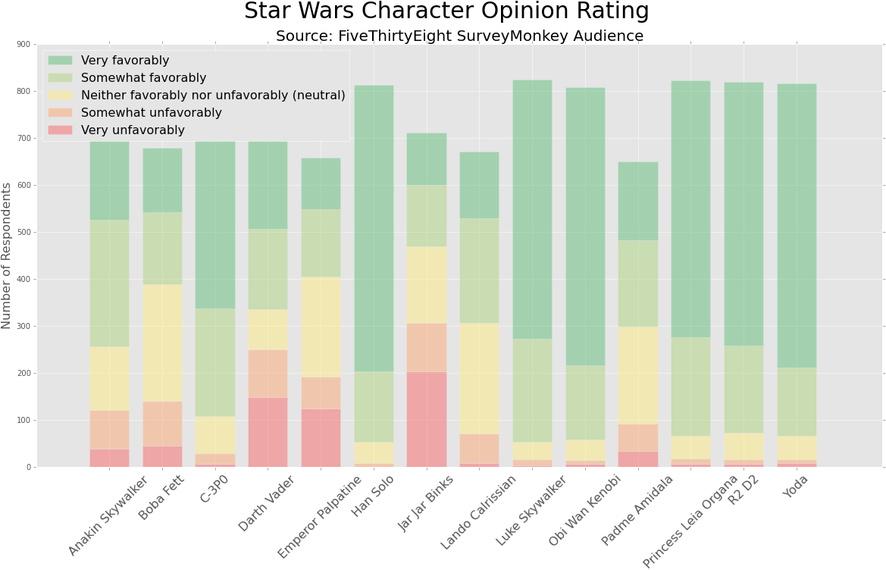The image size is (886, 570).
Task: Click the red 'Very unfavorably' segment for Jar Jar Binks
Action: pos(427,419)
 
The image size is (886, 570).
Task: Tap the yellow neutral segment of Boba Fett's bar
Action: pos(163,343)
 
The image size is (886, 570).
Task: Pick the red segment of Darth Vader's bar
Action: pos(268,432)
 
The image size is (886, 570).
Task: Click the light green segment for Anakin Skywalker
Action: pos(110,283)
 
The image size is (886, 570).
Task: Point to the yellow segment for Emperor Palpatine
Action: pos(321,327)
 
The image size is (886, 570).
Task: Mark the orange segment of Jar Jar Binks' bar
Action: pos(427,347)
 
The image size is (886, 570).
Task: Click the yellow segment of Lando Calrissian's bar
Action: pos(479,378)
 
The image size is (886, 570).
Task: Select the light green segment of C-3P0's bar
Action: pos(215,362)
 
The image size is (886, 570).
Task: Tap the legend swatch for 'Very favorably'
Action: pos(61,61)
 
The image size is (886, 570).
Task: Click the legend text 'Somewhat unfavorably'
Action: pos(151,113)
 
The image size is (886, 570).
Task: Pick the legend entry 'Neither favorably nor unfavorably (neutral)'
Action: pos(212,96)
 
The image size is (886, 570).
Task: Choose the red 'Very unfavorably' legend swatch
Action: pos(61,130)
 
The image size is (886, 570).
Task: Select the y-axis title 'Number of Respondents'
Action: pos(7,255)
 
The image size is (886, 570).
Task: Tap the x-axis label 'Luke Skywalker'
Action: pos(531,511)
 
